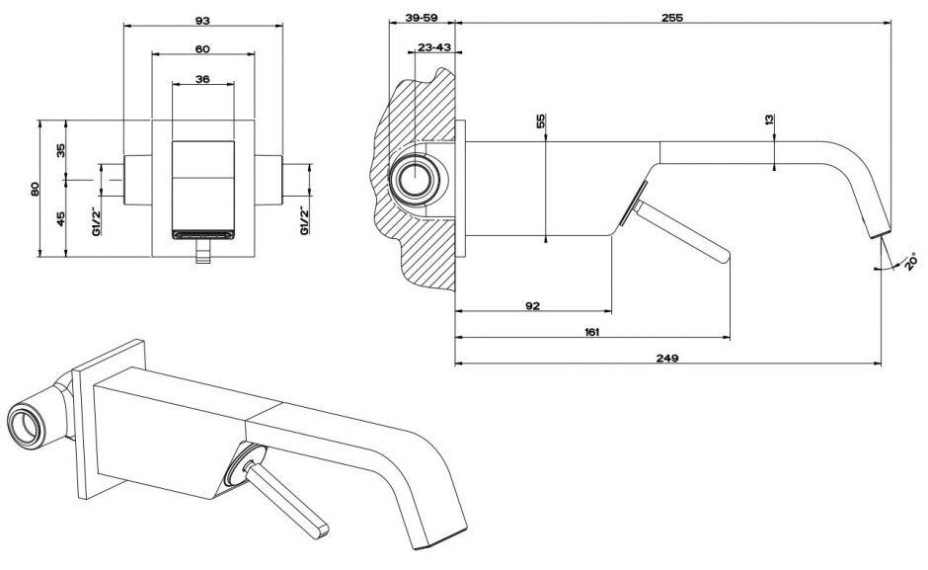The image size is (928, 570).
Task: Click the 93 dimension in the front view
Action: pos(202,20)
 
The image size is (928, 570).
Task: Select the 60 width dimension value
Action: pos(202,48)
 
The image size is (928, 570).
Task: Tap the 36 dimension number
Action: pos(202,80)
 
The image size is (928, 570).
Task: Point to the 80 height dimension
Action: pos(35,188)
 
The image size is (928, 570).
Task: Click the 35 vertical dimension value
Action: pos(60,150)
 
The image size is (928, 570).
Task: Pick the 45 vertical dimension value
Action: pos(60,218)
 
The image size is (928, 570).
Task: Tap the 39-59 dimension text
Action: pos(423,19)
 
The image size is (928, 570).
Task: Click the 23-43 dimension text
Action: pos(434,47)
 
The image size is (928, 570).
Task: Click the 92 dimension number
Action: pos(532,306)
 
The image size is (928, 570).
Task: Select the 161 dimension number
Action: pos(591,332)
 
